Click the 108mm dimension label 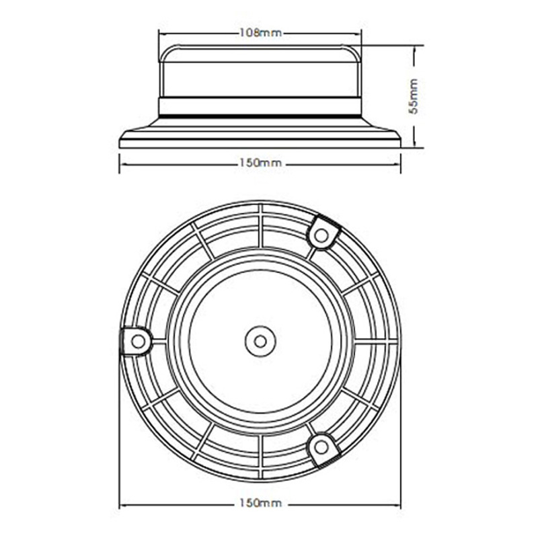[260, 32]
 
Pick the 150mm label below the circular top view [260, 503]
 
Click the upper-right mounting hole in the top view [322, 234]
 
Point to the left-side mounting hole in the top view [138, 340]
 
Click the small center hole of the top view [260, 340]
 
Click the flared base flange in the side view [260, 137]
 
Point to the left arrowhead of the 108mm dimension [161, 32]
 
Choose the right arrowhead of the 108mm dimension [358, 32]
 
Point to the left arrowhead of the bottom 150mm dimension [122, 503]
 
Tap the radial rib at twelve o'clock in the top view [260, 225]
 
